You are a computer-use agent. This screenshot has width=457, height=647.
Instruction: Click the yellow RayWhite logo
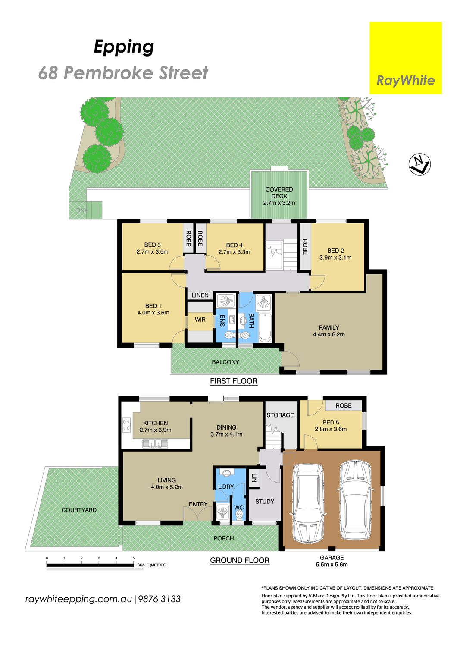(x=406, y=58)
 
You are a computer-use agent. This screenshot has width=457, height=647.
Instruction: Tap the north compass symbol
(x=419, y=164)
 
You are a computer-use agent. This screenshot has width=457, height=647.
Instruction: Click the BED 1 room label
(x=153, y=305)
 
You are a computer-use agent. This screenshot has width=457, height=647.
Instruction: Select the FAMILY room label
(x=329, y=327)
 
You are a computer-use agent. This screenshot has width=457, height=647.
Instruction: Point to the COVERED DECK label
(x=279, y=193)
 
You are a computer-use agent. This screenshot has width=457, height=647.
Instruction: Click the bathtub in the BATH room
(x=265, y=327)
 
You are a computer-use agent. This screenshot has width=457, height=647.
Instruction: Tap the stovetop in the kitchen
(x=126, y=425)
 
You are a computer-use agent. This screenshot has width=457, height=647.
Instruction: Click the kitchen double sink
(x=155, y=443)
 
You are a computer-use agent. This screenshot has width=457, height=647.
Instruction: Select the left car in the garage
(x=308, y=503)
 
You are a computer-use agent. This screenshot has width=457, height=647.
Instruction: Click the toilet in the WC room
(x=239, y=514)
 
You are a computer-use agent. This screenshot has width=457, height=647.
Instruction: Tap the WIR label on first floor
(x=200, y=320)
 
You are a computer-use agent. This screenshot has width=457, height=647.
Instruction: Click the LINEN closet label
(x=200, y=295)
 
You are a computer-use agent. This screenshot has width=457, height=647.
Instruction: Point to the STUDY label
(x=264, y=501)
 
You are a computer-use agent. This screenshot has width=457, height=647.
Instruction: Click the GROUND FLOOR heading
(x=240, y=560)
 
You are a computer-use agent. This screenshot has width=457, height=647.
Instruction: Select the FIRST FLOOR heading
(x=234, y=381)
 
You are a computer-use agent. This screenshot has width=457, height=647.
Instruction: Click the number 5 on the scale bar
(x=134, y=558)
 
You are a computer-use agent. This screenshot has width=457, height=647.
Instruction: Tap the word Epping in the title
(x=124, y=47)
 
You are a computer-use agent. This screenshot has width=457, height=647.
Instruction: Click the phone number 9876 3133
(x=160, y=599)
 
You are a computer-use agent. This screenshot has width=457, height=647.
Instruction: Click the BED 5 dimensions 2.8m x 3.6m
(x=331, y=429)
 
